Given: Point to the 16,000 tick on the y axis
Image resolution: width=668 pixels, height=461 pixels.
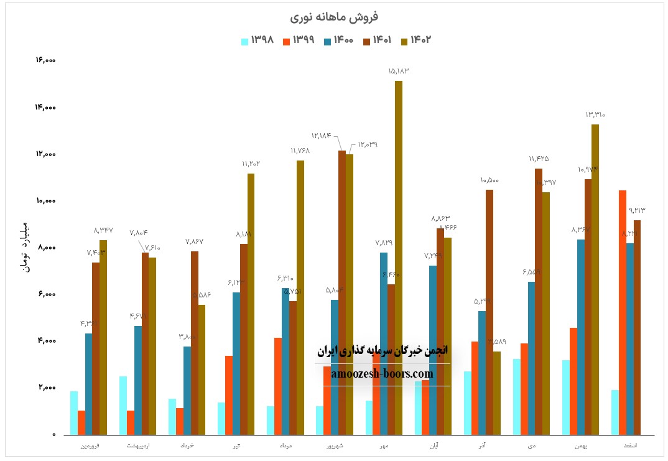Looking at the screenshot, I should [x=46, y=60].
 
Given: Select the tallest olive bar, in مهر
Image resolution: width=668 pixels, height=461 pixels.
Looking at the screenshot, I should [x=399, y=258].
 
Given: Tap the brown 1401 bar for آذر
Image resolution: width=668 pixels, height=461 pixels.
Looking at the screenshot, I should [x=489, y=312].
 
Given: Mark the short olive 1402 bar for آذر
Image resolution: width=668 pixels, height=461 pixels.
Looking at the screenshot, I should [x=496, y=393].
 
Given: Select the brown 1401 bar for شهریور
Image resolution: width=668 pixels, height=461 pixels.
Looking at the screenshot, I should [x=342, y=292].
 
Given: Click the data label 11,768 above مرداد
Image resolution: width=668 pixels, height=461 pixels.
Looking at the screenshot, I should [x=300, y=151].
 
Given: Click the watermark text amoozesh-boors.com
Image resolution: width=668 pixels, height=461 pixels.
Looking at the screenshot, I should [x=383, y=374].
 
